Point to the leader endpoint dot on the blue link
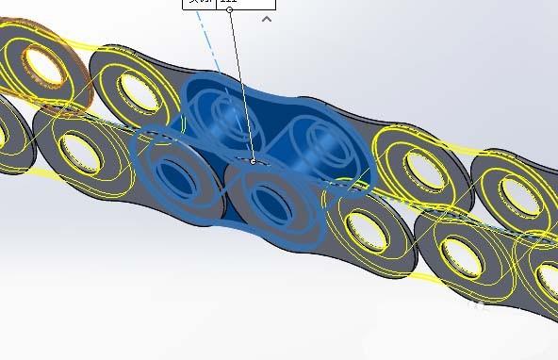[x=253, y=161]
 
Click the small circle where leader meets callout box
[x=230, y=10]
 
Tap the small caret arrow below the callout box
[x=267, y=18]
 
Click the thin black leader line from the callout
[x=241, y=85]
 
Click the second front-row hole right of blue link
[x=459, y=250]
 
